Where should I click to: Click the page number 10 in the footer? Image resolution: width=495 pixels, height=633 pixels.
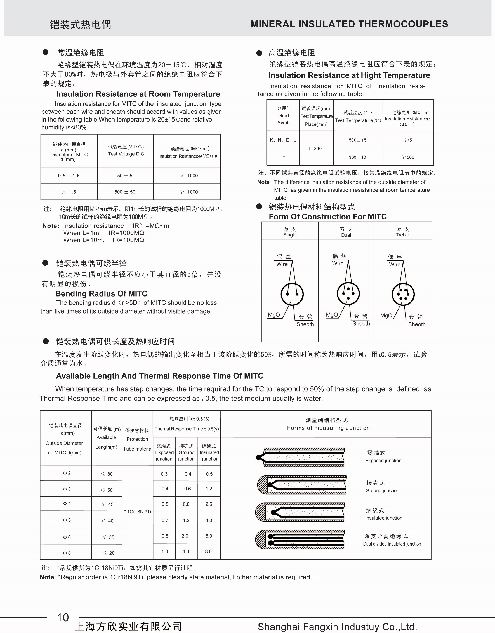[x=63, y=617]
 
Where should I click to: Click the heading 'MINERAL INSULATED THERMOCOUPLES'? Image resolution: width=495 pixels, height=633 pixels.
[x=349, y=24]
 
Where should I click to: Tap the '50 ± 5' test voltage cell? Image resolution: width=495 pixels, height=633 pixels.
[x=125, y=176]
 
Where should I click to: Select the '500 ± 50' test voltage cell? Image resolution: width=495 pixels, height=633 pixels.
[x=125, y=192]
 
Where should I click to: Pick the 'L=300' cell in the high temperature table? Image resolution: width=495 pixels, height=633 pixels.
[x=315, y=148]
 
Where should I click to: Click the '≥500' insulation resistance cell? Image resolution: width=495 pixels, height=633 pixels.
[x=408, y=157]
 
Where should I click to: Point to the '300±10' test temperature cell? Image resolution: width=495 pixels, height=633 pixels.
[x=358, y=157]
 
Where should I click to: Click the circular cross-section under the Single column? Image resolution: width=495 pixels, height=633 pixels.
[x=292, y=294]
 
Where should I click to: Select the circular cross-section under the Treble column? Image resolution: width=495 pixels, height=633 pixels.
[x=403, y=294]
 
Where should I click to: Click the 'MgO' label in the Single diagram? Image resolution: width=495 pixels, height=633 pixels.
[x=274, y=315]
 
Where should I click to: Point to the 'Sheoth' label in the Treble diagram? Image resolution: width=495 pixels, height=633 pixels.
[x=417, y=324]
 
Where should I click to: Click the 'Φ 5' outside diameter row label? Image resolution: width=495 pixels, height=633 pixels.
[x=67, y=520]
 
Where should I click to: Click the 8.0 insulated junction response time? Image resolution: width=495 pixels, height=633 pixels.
[x=209, y=551]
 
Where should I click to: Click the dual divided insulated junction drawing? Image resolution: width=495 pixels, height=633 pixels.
[x=300, y=540]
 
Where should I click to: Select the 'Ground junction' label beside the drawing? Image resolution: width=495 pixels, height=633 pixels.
[x=382, y=490]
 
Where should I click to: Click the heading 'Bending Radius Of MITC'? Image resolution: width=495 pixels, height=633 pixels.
[x=101, y=294]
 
